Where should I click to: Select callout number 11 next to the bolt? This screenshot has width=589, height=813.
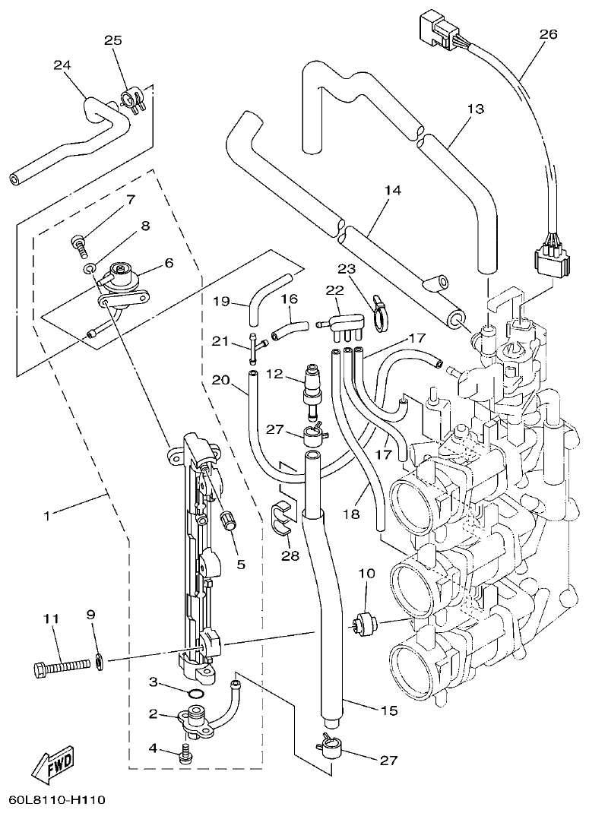(50, 620)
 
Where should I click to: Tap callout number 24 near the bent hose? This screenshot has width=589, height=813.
(62, 65)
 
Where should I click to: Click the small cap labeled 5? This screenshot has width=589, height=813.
(225, 522)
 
